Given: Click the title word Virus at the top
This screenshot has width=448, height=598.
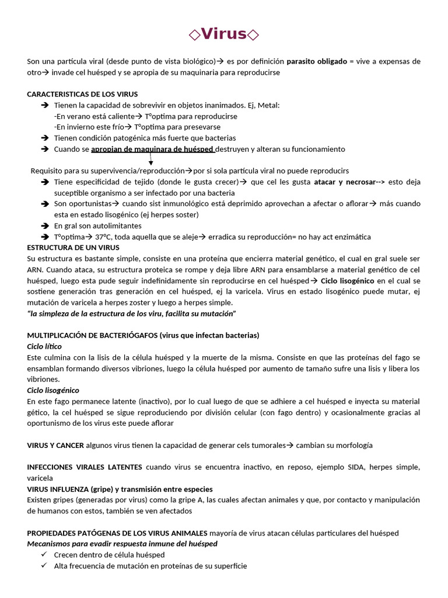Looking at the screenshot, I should coord(224,34).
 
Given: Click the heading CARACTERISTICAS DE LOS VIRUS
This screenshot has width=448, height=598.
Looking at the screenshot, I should coord(82,94).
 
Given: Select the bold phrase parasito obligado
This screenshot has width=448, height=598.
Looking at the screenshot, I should coord(316,61).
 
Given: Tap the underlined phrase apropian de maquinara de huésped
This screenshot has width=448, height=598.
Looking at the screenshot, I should coord(153,149).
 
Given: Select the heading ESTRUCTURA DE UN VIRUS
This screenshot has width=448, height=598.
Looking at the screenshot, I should coord(73,248).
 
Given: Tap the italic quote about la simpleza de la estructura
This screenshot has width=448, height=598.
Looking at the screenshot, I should coord(131,314).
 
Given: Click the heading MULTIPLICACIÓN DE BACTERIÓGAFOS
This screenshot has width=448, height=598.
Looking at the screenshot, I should coord(143,335).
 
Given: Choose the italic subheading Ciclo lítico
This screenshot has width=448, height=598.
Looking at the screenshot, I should coord(44,346).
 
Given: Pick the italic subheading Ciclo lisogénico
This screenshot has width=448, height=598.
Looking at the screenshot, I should coord(53,390).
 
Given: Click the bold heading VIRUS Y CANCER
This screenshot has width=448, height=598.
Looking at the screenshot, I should coord(55,445).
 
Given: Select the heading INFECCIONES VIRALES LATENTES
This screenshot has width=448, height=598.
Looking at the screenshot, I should coord(85,467).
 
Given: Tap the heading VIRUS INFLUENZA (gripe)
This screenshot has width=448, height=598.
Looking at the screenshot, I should coord(120,489).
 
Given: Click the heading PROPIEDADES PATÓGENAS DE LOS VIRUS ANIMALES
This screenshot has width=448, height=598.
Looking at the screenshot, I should coord(117,533).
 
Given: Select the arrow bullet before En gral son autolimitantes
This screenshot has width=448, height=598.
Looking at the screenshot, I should coord(45,225).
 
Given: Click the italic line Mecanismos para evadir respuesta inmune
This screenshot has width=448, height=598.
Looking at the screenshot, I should coord(122,544).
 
